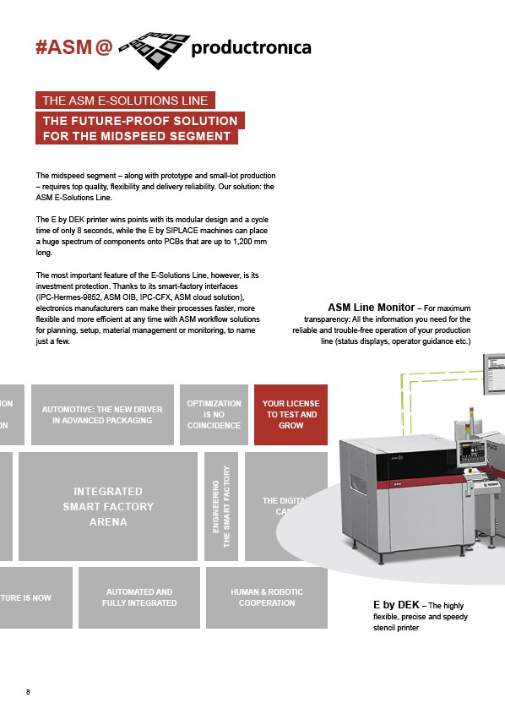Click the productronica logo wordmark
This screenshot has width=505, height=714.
pyautogui.click(x=251, y=48)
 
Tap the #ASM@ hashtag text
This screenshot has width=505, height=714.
pyautogui.click(x=73, y=48)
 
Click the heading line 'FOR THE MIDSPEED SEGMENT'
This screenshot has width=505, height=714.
pyautogui.click(x=137, y=136)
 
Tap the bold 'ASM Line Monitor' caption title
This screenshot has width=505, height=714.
pyautogui.click(x=371, y=308)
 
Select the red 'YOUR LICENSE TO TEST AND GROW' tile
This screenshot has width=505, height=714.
pyautogui.click(x=291, y=415)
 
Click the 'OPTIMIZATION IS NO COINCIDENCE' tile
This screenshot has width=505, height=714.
pyautogui.click(x=214, y=415)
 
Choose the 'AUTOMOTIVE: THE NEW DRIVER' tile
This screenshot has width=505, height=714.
pyautogui.click(x=102, y=415)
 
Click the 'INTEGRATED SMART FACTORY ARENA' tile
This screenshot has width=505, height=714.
pyautogui.click(x=108, y=506)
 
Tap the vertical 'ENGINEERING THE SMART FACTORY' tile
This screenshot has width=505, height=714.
pyautogui.click(x=221, y=506)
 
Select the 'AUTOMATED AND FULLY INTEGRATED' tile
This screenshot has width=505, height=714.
pyautogui.click(x=139, y=597)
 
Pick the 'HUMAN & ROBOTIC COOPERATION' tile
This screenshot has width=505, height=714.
pyautogui.click(x=266, y=597)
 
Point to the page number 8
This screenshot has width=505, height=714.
pyautogui.click(x=28, y=693)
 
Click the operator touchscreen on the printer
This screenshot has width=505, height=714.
pyautogui.click(x=470, y=454)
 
